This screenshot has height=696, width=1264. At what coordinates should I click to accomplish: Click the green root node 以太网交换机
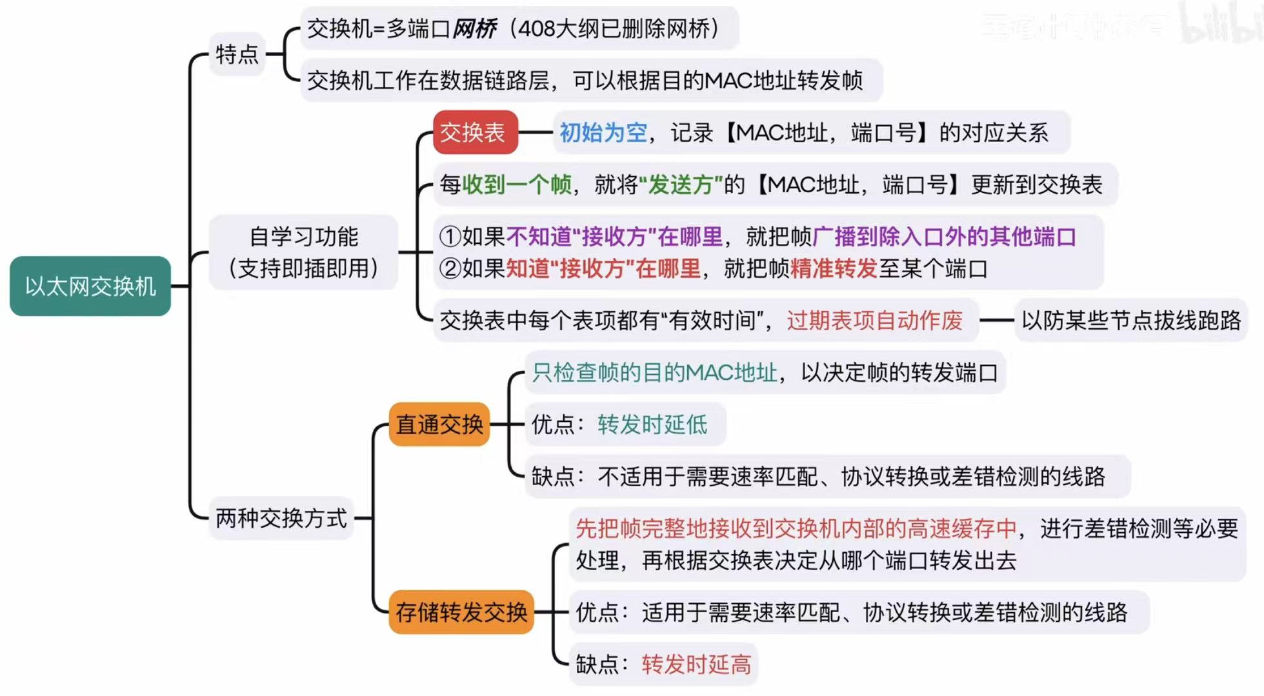[x=90, y=286]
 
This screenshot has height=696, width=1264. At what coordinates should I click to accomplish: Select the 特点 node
[x=237, y=54]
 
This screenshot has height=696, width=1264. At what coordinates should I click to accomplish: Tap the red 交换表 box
[x=475, y=132]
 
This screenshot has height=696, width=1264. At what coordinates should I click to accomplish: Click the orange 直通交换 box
[x=439, y=424]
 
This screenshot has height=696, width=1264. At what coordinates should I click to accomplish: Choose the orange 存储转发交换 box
[x=461, y=611]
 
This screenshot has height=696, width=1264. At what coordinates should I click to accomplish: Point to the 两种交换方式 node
[x=281, y=518]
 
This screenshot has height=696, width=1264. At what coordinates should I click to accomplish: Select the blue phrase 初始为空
[x=603, y=132]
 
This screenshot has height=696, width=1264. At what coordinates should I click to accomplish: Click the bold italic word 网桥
[x=474, y=28]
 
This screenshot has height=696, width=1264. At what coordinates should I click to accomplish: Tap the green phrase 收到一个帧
[x=517, y=185]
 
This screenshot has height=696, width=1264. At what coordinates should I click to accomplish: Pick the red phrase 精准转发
[x=833, y=268]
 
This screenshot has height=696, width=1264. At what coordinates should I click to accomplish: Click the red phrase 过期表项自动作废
[x=874, y=321]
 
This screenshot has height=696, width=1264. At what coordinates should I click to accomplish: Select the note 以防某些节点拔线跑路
[x=1130, y=321]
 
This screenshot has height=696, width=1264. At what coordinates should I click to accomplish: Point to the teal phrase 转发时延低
[x=652, y=424]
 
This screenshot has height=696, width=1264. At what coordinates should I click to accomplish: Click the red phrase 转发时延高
[x=696, y=664]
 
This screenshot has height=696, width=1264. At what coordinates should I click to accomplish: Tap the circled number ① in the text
[x=450, y=237]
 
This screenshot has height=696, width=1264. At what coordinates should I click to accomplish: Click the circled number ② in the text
[x=450, y=268]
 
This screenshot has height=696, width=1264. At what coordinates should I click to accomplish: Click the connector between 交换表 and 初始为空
[x=535, y=132]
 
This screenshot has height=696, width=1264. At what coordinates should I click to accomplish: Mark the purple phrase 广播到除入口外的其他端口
[x=944, y=237]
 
